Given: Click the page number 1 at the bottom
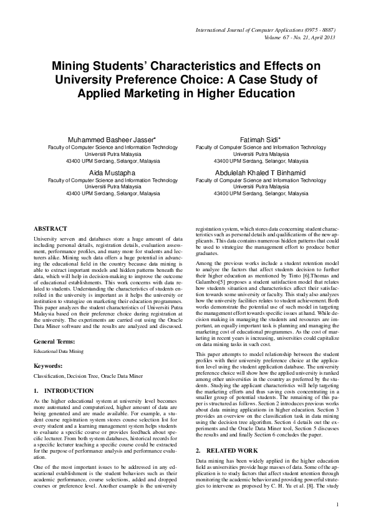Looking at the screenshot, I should click(x=337, y=504).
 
